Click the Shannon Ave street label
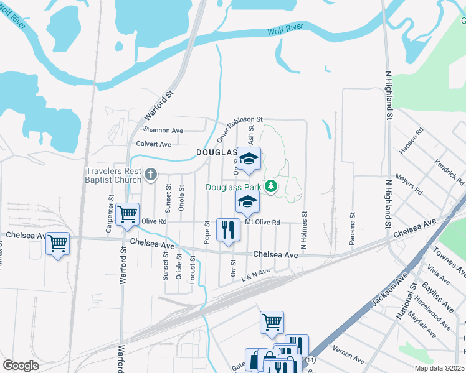(163, 131)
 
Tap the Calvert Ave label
(154, 144)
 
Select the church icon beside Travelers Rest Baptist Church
(151, 176)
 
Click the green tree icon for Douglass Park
(271, 186)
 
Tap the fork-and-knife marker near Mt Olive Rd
(228, 229)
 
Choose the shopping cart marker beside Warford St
(127, 214)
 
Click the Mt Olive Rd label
(262, 222)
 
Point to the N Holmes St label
(305, 231)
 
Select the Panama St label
(352, 229)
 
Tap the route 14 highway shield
(310, 359)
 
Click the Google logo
(21, 366)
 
